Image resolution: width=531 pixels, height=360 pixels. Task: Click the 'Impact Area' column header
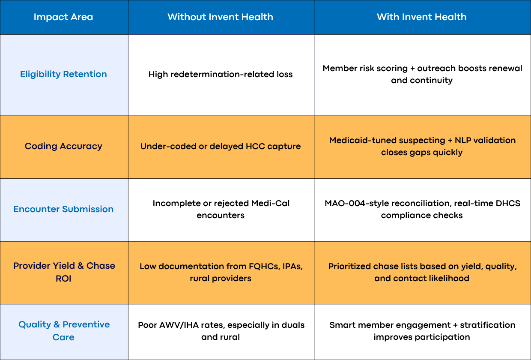pos(63,17)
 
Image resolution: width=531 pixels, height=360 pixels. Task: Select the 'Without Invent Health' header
pos(220,17)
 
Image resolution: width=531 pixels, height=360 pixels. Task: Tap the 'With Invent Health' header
pos(422,17)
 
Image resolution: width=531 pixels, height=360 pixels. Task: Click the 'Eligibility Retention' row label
pos(63,74)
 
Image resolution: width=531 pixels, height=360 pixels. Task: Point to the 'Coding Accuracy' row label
pos(63,146)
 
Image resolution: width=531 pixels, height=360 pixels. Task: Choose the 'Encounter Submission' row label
pos(63,209)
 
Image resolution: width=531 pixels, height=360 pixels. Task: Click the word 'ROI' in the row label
pos(63,279)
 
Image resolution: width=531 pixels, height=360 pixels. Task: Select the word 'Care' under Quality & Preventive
pos(63,337)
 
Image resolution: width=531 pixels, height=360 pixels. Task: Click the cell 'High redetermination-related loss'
pos(221,75)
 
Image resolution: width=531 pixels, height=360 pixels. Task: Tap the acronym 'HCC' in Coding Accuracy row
pos(255,147)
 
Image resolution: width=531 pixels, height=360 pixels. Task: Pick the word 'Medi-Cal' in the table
pos(270,204)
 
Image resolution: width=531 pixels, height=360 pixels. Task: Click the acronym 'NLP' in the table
pos(463,141)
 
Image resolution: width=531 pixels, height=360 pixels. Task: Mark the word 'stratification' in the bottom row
pos(488,325)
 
